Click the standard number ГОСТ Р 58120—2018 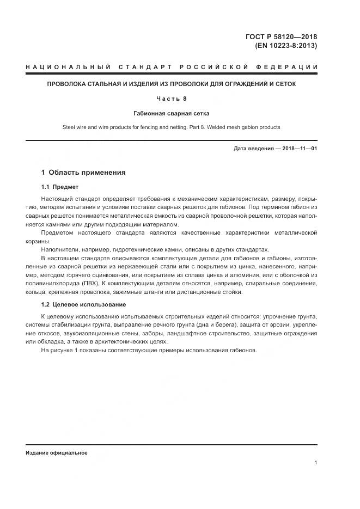tap(281, 37)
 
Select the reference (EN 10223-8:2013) tap(285, 46)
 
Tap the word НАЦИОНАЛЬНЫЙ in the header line tap(63, 67)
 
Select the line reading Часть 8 tap(172, 99)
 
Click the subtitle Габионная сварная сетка tap(172, 113)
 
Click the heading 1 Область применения tap(83, 173)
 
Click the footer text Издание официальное tap(56, 453)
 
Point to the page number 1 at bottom tap(315, 462)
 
